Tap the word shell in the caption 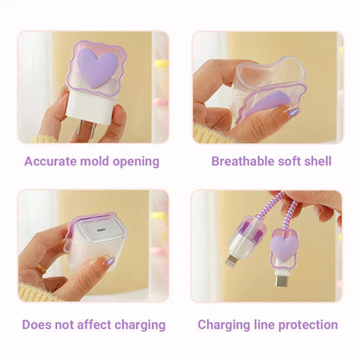point(314,161)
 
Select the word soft point(286,161)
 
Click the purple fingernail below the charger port point(109,260)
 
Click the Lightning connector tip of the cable point(232,260)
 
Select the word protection point(306,325)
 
